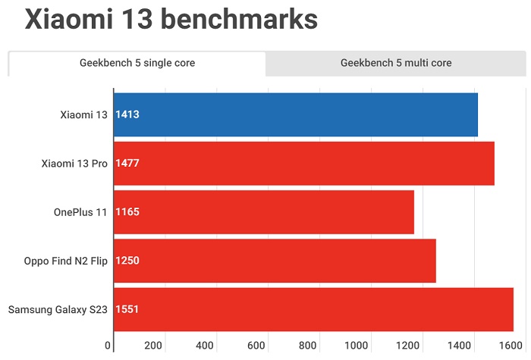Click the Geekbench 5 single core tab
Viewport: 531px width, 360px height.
click(x=137, y=63)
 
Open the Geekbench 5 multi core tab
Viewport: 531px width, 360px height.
click(x=396, y=63)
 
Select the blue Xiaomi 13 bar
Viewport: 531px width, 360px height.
click(x=296, y=114)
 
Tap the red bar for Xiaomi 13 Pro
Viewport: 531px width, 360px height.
click(x=303, y=163)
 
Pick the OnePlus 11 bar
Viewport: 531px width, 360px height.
click(x=264, y=212)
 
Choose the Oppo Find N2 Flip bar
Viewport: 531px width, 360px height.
click(x=275, y=261)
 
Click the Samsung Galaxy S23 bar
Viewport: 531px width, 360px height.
click(x=313, y=309)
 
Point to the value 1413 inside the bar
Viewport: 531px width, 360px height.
click(x=127, y=115)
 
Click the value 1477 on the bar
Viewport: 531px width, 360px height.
click(x=127, y=164)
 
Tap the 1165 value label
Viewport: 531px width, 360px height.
click(x=127, y=212)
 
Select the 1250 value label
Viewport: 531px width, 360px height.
click(x=127, y=261)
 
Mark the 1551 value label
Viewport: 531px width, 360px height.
click(x=127, y=309)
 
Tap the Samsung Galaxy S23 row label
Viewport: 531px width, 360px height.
click(x=58, y=309)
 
